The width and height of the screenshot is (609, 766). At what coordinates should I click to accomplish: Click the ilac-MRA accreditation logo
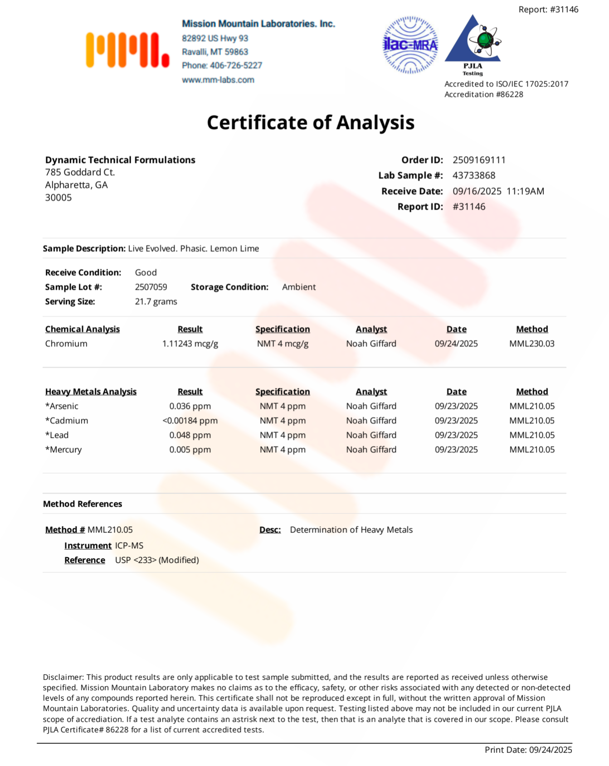coord(410,45)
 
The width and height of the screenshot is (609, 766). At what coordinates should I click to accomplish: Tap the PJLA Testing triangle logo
coord(473,43)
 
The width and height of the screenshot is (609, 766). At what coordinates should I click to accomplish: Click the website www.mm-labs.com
coord(218,80)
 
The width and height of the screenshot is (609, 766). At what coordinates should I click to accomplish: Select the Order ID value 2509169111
coord(479,160)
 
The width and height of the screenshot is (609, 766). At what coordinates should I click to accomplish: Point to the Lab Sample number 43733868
coord(474,175)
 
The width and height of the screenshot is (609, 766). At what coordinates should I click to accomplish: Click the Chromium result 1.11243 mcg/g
coord(190,344)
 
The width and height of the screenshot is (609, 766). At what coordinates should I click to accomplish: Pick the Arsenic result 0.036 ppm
coord(190,406)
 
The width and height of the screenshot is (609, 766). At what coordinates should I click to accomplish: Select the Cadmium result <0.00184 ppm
coord(190,421)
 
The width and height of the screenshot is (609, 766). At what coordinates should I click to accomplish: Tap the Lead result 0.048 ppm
coord(190,435)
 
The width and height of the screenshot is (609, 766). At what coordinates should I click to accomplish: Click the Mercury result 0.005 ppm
coord(190,450)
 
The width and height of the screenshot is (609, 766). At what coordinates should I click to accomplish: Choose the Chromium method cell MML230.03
coord(531,344)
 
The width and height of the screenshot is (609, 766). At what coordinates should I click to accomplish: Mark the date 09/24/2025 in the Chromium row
coord(456,344)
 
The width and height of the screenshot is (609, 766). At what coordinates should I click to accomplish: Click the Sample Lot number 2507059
coord(151,287)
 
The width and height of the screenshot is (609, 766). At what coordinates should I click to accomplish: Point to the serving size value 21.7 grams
coord(156,301)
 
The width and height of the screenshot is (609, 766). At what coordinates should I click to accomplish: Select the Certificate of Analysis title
coord(311,122)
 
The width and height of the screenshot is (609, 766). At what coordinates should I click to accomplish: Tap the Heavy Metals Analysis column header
coord(91,392)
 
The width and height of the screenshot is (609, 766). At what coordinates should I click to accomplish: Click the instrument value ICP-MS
coord(129,546)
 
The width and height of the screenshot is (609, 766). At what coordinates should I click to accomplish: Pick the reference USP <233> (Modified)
coord(157,560)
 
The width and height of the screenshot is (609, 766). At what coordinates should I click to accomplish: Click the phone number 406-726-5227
coord(236,65)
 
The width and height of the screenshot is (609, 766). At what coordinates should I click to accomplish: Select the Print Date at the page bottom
coord(528,750)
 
